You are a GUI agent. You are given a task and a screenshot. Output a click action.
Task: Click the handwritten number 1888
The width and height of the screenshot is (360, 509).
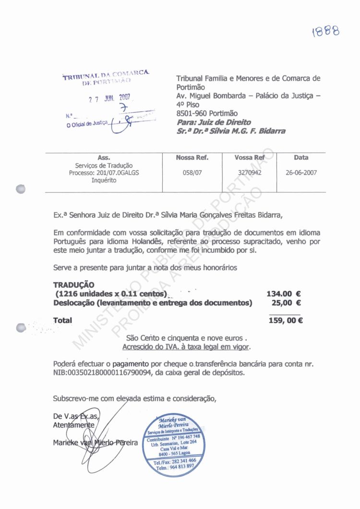tap(325, 32)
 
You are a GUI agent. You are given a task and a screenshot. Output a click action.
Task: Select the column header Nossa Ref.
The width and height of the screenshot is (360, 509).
tap(192, 157)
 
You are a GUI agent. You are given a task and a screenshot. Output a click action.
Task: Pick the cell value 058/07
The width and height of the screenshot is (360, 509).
tap(192, 173)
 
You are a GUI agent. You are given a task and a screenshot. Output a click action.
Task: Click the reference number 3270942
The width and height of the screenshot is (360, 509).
tap(250, 173)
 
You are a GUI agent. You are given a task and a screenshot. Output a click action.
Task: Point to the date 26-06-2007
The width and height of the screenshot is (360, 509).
tap(301, 173)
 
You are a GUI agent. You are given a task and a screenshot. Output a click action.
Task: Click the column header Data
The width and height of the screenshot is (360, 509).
tap(301, 157)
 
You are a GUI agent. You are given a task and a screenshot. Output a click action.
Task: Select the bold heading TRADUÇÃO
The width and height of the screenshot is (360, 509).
tap(74, 284)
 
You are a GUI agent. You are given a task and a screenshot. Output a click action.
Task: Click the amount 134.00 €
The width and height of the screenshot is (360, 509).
tap(284, 294)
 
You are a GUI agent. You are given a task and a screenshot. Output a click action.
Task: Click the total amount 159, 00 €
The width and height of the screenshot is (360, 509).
tap(286, 321)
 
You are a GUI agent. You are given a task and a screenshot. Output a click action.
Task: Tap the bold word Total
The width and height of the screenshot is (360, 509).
tap(62, 320)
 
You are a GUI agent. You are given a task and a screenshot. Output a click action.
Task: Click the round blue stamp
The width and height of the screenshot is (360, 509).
tap(173, 446)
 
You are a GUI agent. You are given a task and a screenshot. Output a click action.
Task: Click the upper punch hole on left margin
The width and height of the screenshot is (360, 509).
tap(20, 189)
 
